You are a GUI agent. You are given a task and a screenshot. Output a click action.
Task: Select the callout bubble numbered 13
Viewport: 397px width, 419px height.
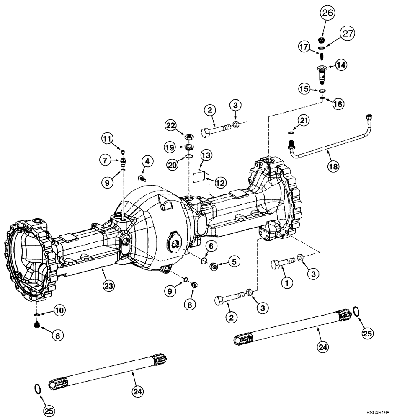[206, 155]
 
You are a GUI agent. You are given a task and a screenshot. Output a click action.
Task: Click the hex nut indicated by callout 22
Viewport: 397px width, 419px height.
[189, 137]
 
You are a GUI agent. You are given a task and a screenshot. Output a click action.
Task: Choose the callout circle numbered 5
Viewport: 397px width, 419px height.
[234, 261]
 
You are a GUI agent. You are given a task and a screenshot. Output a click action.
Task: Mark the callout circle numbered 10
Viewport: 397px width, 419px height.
[59, 310]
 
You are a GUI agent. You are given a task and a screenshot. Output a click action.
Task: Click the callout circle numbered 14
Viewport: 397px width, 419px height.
[340, 65]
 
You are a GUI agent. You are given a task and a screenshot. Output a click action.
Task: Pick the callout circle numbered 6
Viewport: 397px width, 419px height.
[210, 246]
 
